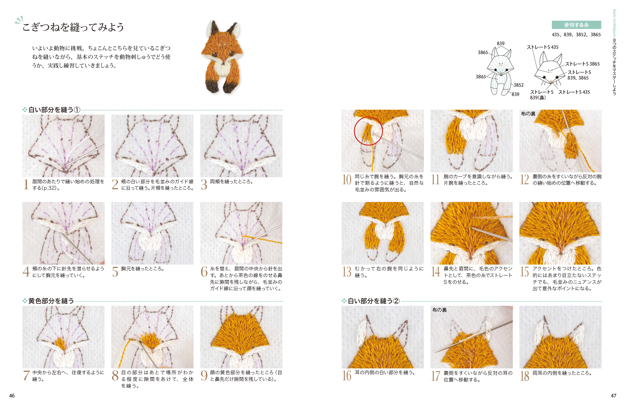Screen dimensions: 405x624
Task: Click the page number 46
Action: click(x=12, y=396)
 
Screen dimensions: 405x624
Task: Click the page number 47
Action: click(x=613, y=396)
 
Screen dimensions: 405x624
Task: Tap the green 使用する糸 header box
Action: click(x=576, y=25)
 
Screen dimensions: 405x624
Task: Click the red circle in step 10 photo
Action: click(x=368, y=131)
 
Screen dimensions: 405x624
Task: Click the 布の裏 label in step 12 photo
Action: click(x=528, y=114)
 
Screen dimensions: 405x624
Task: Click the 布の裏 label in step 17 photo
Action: click(x=439, y=310)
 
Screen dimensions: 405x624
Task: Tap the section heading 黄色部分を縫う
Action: click(x=51, y=301)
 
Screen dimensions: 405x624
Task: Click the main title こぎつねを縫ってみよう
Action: click(x=73, y=27)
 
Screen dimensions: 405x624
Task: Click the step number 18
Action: click(x=524, y=376)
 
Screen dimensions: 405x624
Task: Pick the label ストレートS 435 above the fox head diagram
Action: click(x=542, y=47)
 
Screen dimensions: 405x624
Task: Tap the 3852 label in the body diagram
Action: click(x=519, y=85)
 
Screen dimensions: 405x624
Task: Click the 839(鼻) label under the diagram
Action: click(x=538, y=98)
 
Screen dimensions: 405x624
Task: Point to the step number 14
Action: click(x=435, y=272)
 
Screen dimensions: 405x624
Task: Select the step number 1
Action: click(x=26, y=184)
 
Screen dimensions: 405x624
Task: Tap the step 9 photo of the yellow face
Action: click(x=241, y=337)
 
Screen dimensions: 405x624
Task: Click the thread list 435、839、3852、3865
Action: click(x=576, y=35)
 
